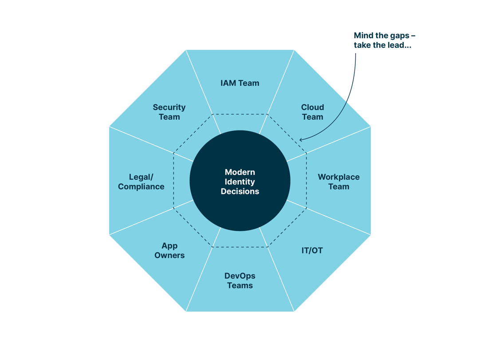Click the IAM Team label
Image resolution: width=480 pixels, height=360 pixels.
point(240,83)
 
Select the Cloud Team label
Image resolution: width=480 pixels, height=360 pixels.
point(312,112)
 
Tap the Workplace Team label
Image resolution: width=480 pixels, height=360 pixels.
point(338,182)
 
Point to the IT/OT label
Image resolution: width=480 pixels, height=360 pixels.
point(312,250)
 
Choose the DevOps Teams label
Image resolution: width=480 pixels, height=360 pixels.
point(240,281)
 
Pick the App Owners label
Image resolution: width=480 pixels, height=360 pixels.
point(169,250)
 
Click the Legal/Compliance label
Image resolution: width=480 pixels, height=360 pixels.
point(141,182)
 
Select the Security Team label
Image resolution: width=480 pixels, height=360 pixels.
point(169,112)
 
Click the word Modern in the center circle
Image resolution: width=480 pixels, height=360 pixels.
point(240,172)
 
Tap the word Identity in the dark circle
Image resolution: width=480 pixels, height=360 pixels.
point(240,182)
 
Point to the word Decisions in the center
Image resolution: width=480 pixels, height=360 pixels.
point(240,191)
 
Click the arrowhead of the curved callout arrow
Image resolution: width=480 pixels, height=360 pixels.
point(301,140)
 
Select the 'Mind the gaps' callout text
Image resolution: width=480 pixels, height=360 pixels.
point(384,36)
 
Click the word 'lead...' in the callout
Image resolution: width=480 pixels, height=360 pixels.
point(398,45)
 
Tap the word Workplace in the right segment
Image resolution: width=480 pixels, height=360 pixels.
point(338,177)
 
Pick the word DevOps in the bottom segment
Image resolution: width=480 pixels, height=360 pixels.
point(240,276)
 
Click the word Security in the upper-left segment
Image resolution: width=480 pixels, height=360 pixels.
point(169,107)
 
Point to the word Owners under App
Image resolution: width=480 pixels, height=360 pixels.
point(169,255)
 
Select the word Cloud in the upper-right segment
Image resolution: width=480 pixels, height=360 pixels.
point(312,107)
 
